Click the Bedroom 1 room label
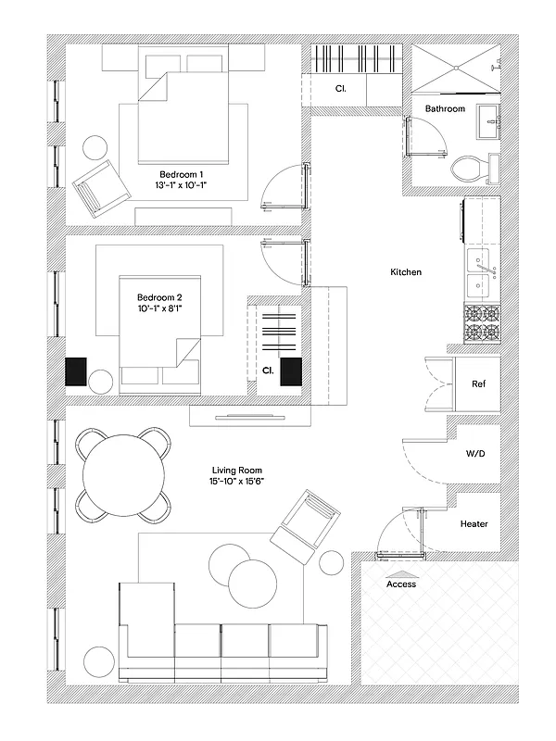[182, 174]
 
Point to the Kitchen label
[406, 272]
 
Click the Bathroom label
[445, 109]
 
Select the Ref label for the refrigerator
[479, 383]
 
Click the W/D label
[474, 455]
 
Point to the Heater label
[474, 524]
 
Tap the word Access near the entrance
[401, 584]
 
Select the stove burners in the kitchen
[480, 324]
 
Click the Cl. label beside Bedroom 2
[267, 370]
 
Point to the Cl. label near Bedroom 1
[340, 90]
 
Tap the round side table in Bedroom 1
[96, 147]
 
